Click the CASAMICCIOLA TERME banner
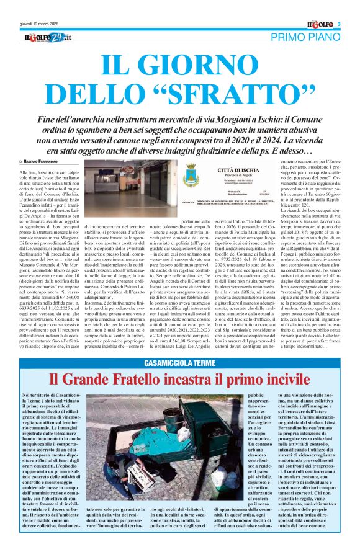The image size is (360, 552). click(x=179, y=363)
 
